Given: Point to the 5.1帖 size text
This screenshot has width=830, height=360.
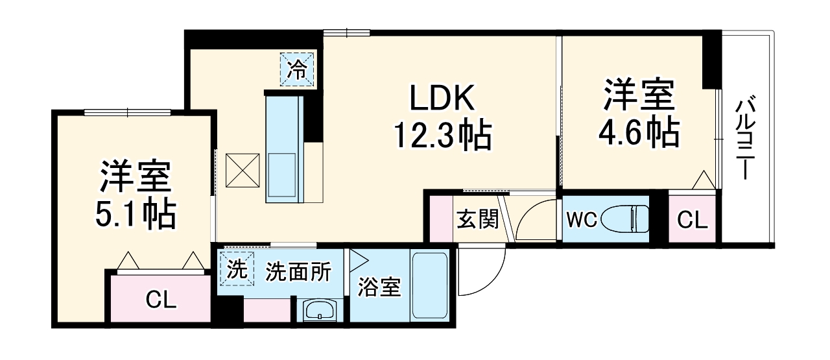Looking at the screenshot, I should [x=136, y=214].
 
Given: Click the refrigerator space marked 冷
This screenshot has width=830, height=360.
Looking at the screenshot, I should [x=298, y=69].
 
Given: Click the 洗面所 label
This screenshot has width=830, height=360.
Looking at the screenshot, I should [x=298, y=272].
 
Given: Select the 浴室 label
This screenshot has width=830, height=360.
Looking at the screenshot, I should [x=380, y=287].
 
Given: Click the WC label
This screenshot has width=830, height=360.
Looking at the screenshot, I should [x=582, y=220].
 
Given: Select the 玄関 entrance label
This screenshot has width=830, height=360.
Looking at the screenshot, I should [x=477, y=219].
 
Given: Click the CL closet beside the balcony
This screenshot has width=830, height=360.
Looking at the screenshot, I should [x=692, y=220].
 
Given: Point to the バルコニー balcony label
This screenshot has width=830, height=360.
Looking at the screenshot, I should [x=746, y=139].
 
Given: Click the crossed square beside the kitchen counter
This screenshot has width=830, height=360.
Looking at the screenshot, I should [x=243, y=171].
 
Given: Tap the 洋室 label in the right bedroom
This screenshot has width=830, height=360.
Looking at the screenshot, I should [x=639, y=96].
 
